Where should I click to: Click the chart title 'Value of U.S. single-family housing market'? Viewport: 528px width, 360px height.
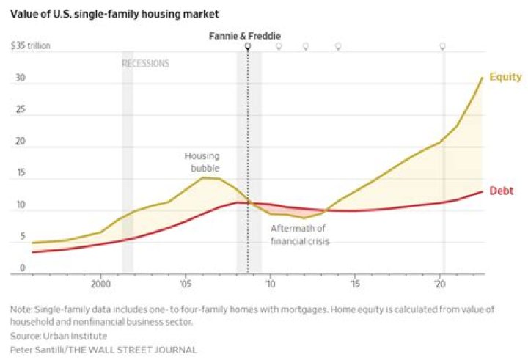pyautogui.click(x=114, y=14)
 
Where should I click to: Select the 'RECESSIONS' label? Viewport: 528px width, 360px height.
pyautogui.click(x=145, y=64)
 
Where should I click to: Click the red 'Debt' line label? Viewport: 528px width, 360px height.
pyautogui.click(x=501, y=191)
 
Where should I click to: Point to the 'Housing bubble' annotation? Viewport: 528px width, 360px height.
pyautogui.click(x=202, y=162)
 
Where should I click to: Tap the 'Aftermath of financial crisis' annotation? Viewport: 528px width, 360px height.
pyautogui.click(x=299, y=235)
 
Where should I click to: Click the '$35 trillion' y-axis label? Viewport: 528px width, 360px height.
pyautogui.click(x=31, y=46)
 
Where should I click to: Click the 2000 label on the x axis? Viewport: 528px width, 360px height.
pyautogui.click(x=100, y=283)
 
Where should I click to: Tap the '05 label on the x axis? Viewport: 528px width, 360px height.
pyautogui.click(x=186, y=283)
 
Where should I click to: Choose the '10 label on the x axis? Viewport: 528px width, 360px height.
pyautogui.click(x=271, y=283)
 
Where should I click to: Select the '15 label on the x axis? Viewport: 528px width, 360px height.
pyautogui.click(x=355, y=283)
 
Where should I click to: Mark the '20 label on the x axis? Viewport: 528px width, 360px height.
pyautogui.click(x=440, y=283)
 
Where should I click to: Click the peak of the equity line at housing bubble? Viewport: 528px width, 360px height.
pyautogui.click(x=204, y=177)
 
